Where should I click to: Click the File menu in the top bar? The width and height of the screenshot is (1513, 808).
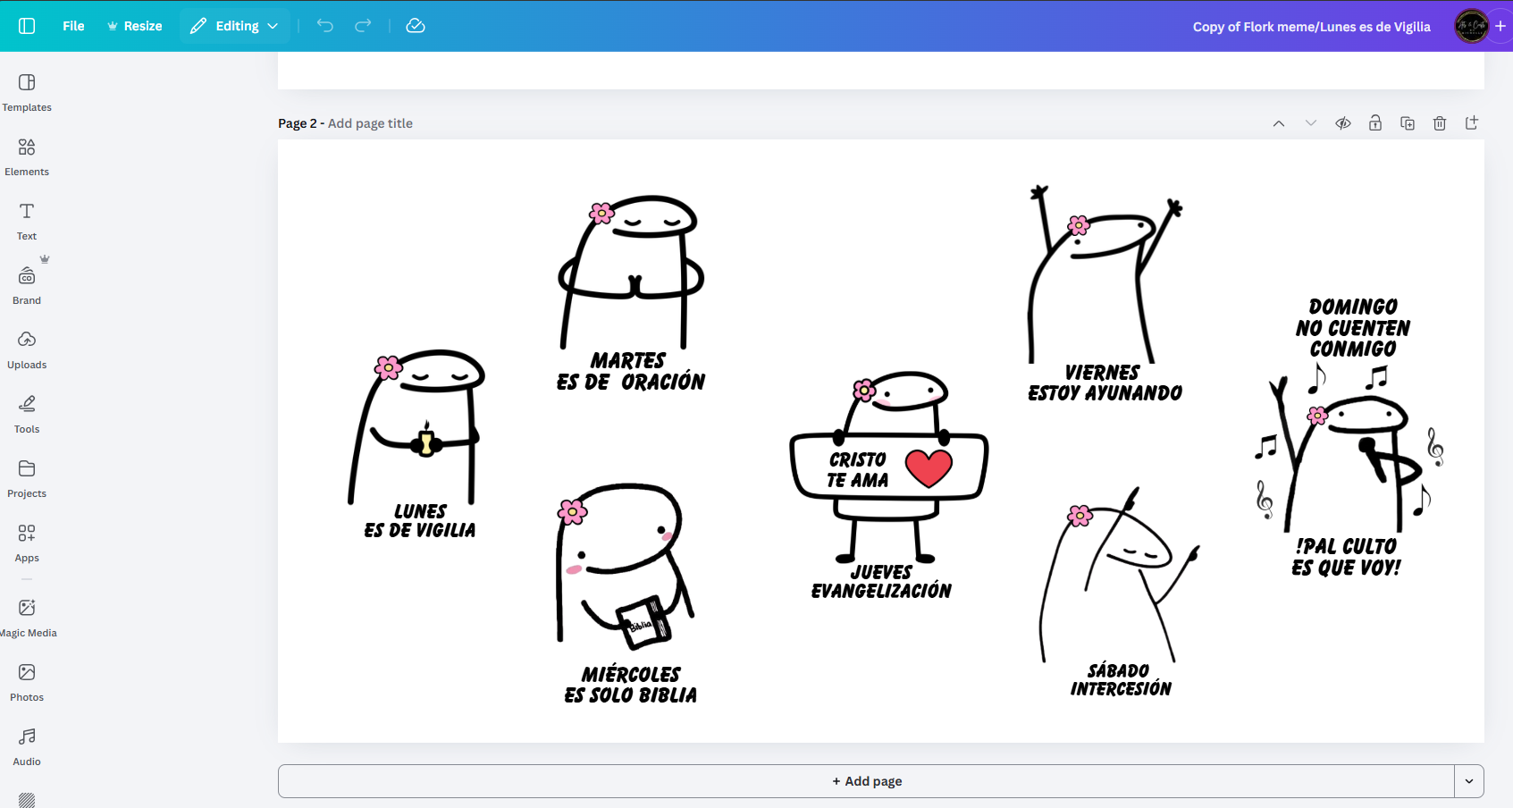(x=73, y=26)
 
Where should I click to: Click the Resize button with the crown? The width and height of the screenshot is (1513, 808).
(x=134, y=26)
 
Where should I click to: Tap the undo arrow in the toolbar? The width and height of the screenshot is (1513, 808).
(x=325, y=26)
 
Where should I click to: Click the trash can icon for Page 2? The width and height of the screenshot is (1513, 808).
(x=1440, y=123)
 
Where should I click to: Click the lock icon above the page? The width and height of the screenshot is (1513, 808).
(x=1374, y=123)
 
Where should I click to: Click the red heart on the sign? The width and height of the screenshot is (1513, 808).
(x=929, y=467)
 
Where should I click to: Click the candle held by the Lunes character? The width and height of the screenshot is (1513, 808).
(x=426, y=440)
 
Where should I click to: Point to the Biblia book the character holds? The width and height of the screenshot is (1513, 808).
(x=644, y=621)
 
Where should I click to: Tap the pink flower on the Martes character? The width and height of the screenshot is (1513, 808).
(x=601, y=214)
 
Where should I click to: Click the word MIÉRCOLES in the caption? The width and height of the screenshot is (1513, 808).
(x=631, y=674)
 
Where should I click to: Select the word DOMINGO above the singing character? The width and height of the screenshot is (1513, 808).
(x=1353, y=307)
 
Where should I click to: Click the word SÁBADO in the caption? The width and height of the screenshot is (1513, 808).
(x=1118, y=670)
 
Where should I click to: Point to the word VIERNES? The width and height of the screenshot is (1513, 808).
(x=1102, y=372)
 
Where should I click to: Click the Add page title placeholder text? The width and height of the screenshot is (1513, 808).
(x=370, y=123)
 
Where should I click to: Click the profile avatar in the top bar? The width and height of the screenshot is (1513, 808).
(x=1470, y=26)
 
